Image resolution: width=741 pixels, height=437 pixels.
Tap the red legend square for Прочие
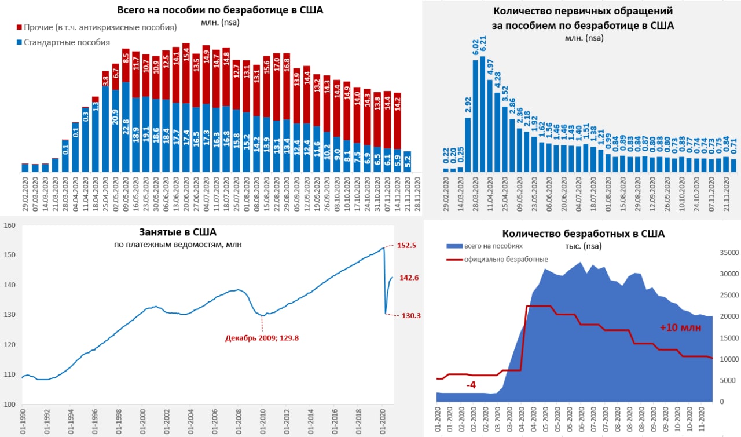[19, 28]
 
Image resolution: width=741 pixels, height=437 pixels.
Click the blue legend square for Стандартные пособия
[19, 42]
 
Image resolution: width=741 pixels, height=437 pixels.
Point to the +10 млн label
[680, 327]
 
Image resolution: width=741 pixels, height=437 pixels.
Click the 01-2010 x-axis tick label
[262, 422]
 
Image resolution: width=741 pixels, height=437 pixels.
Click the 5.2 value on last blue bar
[407, 163]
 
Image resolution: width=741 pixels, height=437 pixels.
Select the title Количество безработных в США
[583, 234]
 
